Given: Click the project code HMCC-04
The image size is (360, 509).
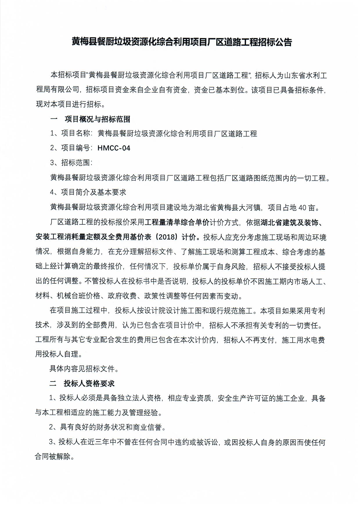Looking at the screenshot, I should click(114, 148).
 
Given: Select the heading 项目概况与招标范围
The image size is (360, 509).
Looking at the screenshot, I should click(97, 119).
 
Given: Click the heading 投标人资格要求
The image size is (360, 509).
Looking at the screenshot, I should click(89, 383).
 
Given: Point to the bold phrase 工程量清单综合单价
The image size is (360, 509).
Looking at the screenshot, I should click(177, 222).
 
